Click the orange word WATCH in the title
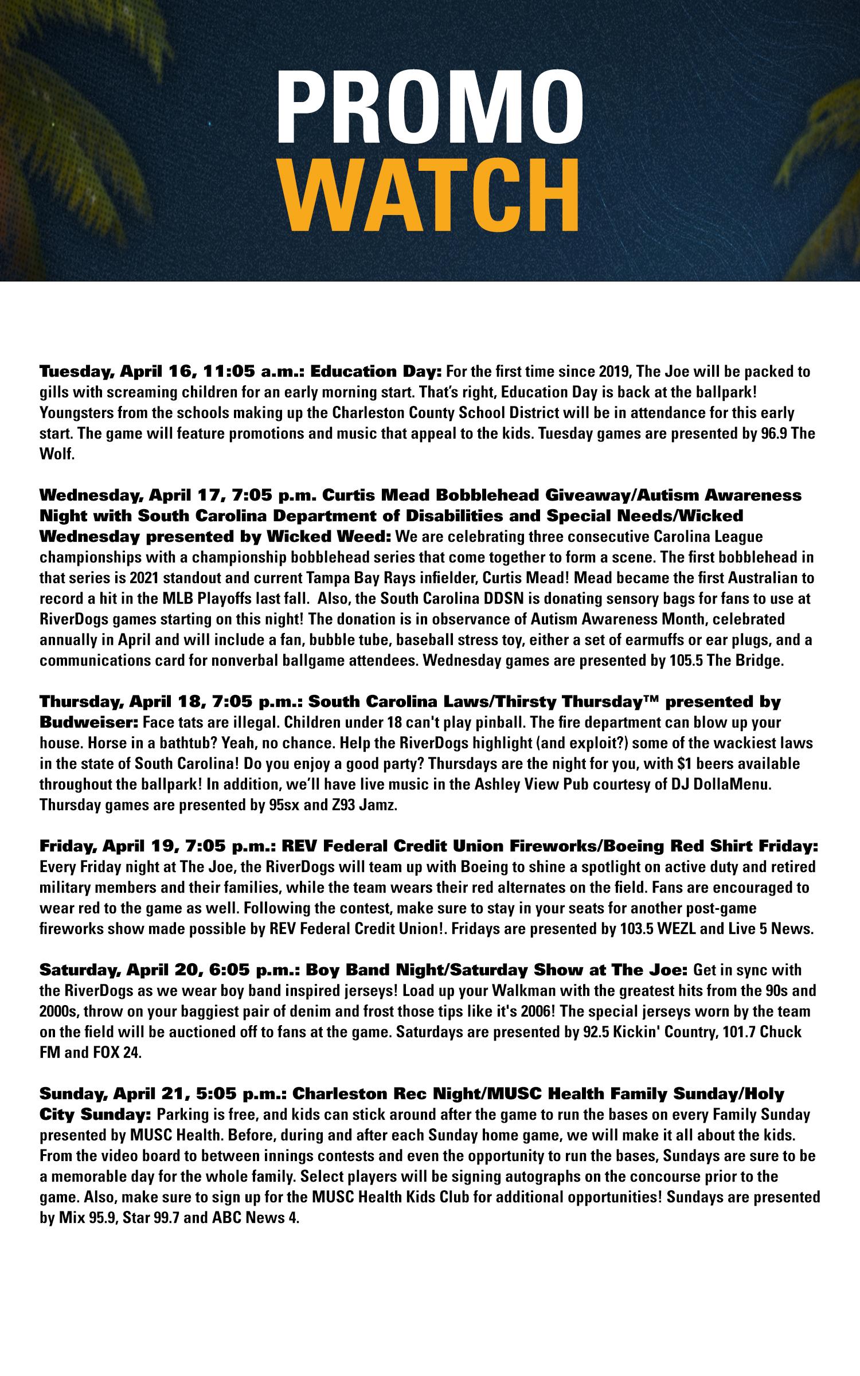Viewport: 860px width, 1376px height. pos(430,195)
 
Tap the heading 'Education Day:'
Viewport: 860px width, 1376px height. pos(376,371)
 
